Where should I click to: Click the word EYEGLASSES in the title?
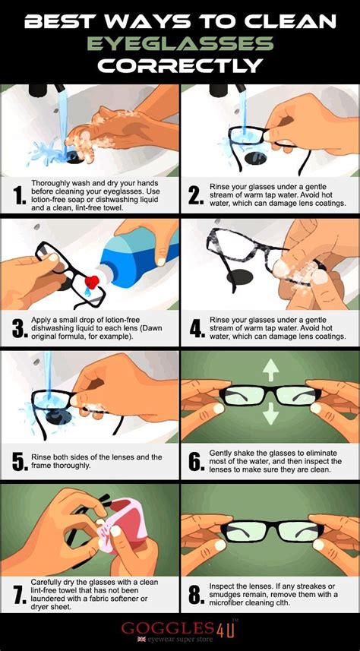point(180,44)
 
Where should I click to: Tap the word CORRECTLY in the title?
point(180,66)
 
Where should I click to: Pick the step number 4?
point(195,327)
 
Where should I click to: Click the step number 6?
point(195,461)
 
